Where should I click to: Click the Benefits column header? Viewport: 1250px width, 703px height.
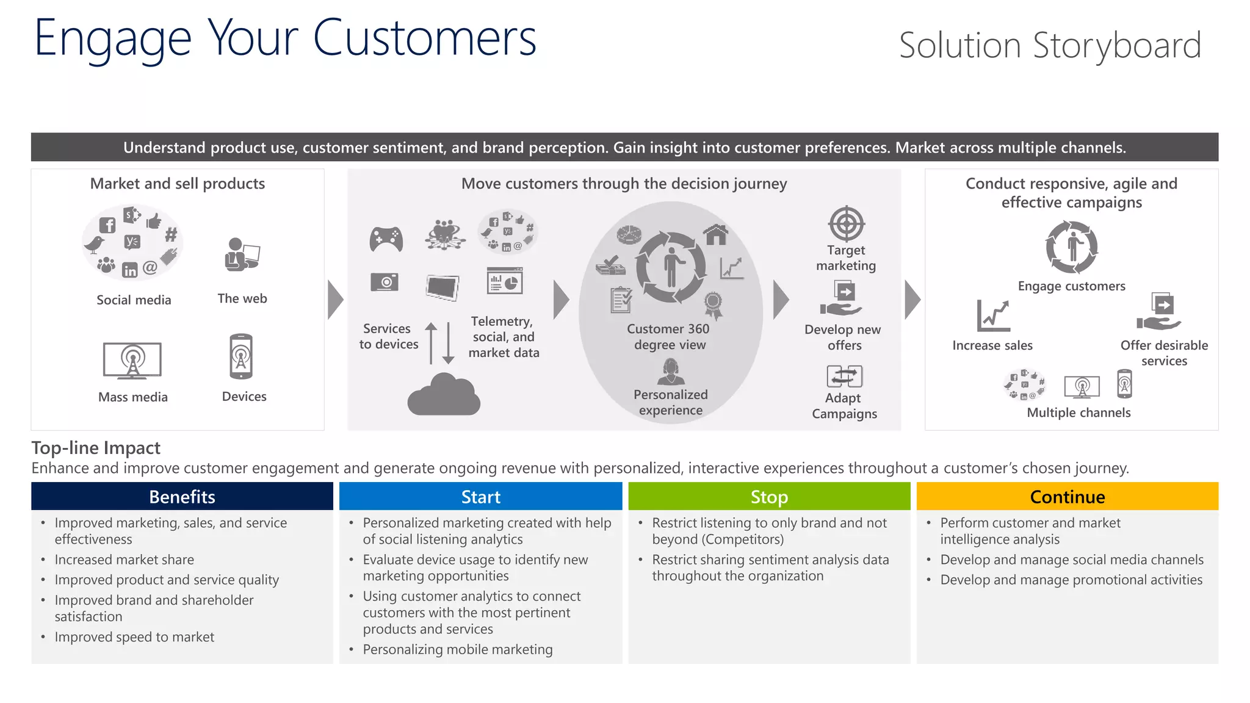coord(182,497)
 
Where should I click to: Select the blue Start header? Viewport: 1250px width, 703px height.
coord(480,497)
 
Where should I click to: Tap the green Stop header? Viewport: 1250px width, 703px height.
coord(769,497)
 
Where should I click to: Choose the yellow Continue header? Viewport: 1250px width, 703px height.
coord(1067,497)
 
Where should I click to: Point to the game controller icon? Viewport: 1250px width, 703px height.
coord(386,239)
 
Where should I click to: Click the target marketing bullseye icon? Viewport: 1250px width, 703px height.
coord(846,224)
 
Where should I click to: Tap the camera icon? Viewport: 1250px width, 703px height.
coord(385,283)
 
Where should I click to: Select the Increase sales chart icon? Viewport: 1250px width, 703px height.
coord(993,315)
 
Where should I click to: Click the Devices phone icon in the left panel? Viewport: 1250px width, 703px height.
coord(241,357)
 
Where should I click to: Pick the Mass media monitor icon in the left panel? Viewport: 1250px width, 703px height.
coord(132,361)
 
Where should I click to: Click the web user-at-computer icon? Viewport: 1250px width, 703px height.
coord(242,254)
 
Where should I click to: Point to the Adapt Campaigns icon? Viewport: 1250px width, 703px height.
coord(844,377)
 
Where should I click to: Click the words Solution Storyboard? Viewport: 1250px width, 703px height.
coord(1050,46)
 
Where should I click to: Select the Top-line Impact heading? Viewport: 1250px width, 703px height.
coord(96,448)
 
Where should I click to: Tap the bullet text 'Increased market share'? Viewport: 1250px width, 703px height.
coord(125,560)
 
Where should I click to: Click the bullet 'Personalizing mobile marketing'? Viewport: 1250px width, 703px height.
coord(458,649)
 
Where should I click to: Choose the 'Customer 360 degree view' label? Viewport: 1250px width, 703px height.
coord(669,337)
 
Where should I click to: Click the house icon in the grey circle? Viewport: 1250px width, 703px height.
coord(715,234)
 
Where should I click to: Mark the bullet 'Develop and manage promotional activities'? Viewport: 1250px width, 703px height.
coord(1071,580)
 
